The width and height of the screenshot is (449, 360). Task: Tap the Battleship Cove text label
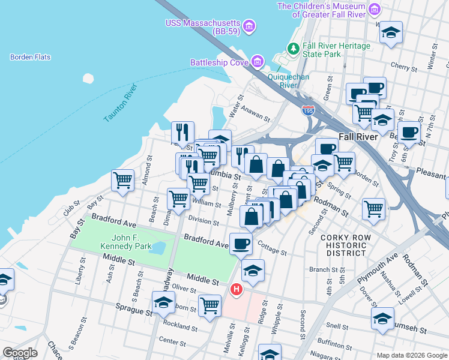pos(218,62)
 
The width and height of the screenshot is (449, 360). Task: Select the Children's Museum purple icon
pos(375,10)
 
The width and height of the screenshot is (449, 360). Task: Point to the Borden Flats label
pos(30,58)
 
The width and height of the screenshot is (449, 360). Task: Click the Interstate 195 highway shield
pos(307,110)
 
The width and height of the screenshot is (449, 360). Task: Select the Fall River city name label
pos(358,136)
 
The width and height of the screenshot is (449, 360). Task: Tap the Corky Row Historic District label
pos(351,245)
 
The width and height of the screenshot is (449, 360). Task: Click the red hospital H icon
pos(237,290)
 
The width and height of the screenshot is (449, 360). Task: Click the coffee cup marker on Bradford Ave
pos(241,244)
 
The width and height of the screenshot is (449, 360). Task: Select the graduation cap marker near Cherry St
pos(391,32)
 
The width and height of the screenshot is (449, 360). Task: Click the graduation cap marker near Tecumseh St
pos(382,319)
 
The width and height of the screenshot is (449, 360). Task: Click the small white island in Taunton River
pos(88,79)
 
